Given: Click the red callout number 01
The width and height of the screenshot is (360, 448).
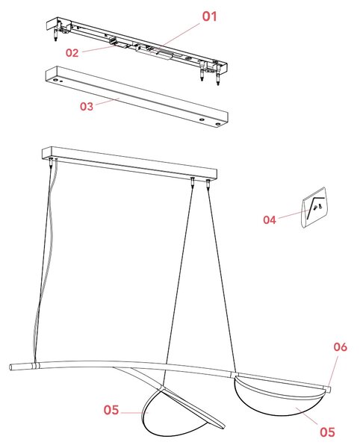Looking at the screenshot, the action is coord(209,16).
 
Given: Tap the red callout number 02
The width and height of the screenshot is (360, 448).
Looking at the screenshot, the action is coord(72,53).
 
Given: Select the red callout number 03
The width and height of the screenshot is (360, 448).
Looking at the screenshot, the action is coord(87,106).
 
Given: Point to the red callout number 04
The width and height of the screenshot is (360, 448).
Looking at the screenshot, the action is coord(270,220).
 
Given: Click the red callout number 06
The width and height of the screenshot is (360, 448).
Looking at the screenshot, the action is coord(340,347).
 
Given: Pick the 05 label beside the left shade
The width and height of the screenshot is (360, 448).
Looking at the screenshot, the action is coord(111,410).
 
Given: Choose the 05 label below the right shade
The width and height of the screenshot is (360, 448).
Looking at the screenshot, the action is coord(327,432).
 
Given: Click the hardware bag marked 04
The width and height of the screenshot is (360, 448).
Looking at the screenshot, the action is coord(314,207).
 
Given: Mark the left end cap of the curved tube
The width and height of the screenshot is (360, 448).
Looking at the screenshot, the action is coord(13,367).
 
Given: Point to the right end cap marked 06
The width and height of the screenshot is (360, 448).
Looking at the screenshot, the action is coord(327,389).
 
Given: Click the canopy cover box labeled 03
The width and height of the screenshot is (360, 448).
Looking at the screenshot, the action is coord(137,96).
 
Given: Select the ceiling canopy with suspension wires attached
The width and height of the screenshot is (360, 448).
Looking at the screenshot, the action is coord(129,163).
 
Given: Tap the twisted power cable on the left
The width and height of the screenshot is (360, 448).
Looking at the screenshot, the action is coord(46,257).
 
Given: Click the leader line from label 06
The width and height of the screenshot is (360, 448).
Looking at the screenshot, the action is coord(333,370).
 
